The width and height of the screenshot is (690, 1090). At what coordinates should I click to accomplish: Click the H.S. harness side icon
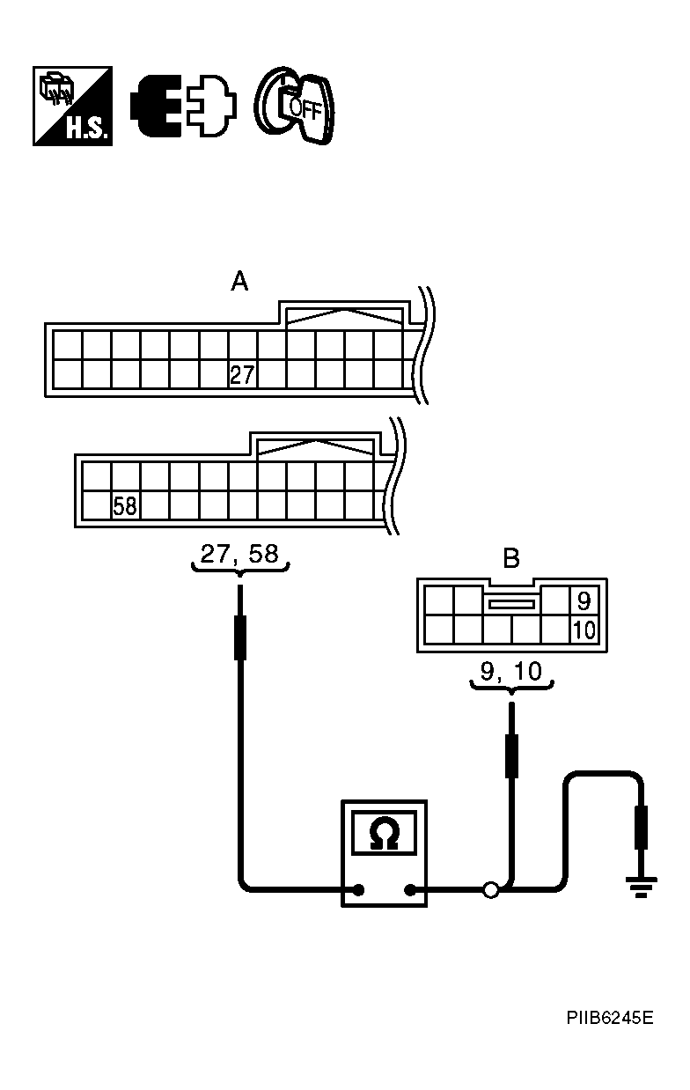pos(72,106)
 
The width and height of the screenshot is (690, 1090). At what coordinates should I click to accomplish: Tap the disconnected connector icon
pos(183,107)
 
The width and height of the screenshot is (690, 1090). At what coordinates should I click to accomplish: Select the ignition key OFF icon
pos(296,106)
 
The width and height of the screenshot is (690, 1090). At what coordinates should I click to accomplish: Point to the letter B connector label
pos(510,558)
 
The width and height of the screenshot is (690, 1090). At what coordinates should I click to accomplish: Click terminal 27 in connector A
pos(242,375)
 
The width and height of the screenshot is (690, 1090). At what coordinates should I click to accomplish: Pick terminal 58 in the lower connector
pos(125,507)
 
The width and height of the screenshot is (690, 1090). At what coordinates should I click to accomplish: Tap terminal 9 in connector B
pos(584,602)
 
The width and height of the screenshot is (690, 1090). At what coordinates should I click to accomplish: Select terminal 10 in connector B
pos(584,630)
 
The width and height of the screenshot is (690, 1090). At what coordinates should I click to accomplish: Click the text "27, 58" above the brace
pos(239,554)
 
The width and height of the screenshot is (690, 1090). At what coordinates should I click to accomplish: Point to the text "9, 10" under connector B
pos(510,672)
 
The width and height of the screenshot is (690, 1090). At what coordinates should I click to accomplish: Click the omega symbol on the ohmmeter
pos(384,833)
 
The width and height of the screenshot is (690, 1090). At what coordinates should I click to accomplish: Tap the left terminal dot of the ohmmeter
pos(359,890)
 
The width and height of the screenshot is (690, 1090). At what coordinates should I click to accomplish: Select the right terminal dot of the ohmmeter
pos(409,890)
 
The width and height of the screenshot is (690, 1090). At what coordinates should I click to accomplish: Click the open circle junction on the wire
pos(490,890)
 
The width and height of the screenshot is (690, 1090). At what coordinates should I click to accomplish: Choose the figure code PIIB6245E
pos(609,1019)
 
